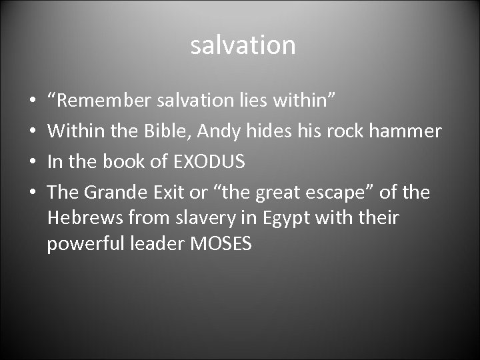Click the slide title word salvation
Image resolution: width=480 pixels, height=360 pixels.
[243, 45]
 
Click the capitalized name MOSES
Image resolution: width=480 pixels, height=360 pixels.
[221, 244]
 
